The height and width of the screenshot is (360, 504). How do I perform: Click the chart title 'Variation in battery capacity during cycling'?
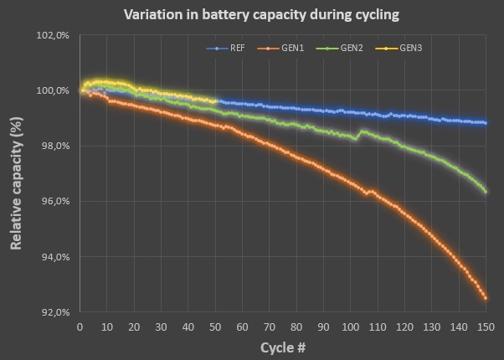[252, 15]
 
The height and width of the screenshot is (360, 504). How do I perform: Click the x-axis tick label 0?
[80, 326]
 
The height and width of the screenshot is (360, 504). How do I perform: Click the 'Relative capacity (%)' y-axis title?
[17, 174]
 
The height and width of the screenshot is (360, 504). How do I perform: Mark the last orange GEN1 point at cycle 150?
[486, 297]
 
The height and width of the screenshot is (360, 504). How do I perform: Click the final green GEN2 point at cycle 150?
[486, 192]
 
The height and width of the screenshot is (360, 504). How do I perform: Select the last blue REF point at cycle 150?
[486, 123]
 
